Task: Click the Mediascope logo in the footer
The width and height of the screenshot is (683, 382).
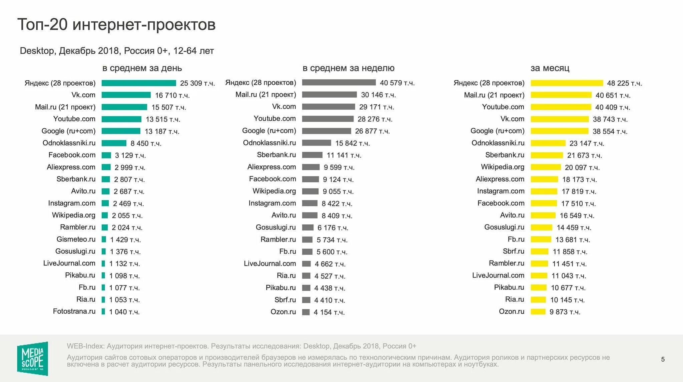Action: click(x=32, y=358)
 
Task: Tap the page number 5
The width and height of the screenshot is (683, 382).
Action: click(x=663, y=359)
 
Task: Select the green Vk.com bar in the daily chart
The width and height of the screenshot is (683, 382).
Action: click(x=126, y=95)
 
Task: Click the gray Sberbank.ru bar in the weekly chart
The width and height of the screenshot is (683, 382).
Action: click(x=312, y=155)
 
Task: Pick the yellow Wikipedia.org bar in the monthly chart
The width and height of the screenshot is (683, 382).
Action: click(x=546, y=167)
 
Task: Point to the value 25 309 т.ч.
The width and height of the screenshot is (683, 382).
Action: click(x=197, y=83)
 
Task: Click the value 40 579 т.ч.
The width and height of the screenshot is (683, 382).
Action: click(x=397, y=83)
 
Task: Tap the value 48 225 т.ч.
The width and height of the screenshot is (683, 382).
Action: click(x=624, y=83)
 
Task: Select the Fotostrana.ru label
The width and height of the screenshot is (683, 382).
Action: click(x=74, y=311)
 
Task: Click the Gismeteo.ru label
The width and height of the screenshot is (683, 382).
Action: click(x=76, y=239)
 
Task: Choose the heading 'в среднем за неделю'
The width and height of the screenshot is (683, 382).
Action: click(x=349, y=68)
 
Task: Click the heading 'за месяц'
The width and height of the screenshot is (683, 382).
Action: click(x=550, y=68)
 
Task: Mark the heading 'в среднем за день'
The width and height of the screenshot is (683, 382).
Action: click(x=142, y=68)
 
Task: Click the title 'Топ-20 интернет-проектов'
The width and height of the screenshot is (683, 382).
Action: click(x=116, y=24)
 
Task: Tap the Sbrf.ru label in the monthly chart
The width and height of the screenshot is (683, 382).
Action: click(x=513, y=251)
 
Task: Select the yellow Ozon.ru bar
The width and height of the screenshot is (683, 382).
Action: click(x=538, y=312)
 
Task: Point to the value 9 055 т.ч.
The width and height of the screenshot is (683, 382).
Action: click(x=338, y=191)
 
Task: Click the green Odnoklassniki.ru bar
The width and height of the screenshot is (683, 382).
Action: click(x=114, y=143)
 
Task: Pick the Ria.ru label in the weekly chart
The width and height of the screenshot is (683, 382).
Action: click(x=286, y=275)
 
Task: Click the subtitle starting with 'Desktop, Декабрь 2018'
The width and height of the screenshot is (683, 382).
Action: click(x=117, y=51)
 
